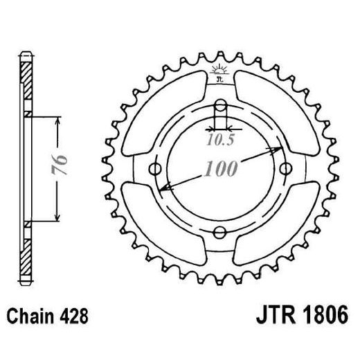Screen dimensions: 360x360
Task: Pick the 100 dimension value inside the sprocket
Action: pos(220,169)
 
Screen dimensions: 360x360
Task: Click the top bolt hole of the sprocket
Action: pos(220,106)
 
